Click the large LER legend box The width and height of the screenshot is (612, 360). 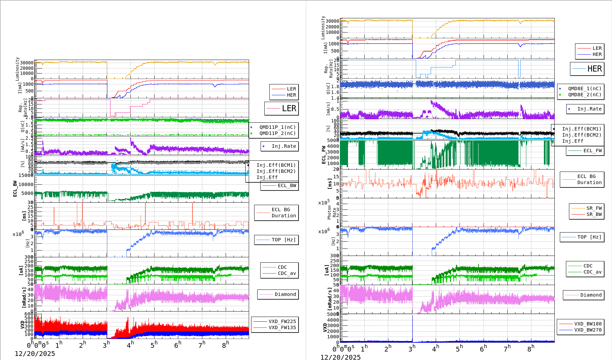click(x=282, y=108)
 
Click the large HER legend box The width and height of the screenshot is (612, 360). click(x=587, y=69)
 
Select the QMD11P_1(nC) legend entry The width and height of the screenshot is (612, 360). click(x=277, y=127)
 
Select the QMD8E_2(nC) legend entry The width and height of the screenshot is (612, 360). click(x=585, y=95)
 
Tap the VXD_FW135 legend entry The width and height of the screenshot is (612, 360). click(x=282, y=327)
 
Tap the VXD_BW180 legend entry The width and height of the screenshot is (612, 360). click(x=588, y=324)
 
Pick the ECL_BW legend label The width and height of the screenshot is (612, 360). click(x=287, y=185)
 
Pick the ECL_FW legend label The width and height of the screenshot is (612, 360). click(x=592, y=151)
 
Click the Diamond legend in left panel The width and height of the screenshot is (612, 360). click(x=285, y=294)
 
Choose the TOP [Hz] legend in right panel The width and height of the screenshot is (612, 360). click(x=589, y=237)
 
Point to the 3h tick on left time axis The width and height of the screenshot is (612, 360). click(x=106, y=345)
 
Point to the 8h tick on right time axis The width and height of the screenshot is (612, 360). click(x=531, y=348)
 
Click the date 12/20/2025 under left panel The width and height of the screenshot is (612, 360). click(x=35, y=354)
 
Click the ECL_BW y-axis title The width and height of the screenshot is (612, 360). click(x=15, y=188)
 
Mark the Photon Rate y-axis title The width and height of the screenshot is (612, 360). click(x=332, y=213)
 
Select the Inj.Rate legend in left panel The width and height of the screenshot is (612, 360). click(x=284, y=146)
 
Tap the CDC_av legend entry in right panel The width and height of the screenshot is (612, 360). click(x=592, y=272)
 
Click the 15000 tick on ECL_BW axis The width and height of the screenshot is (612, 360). click(x=26, y=175)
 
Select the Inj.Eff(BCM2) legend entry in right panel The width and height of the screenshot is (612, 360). click(x=582, y=135)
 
